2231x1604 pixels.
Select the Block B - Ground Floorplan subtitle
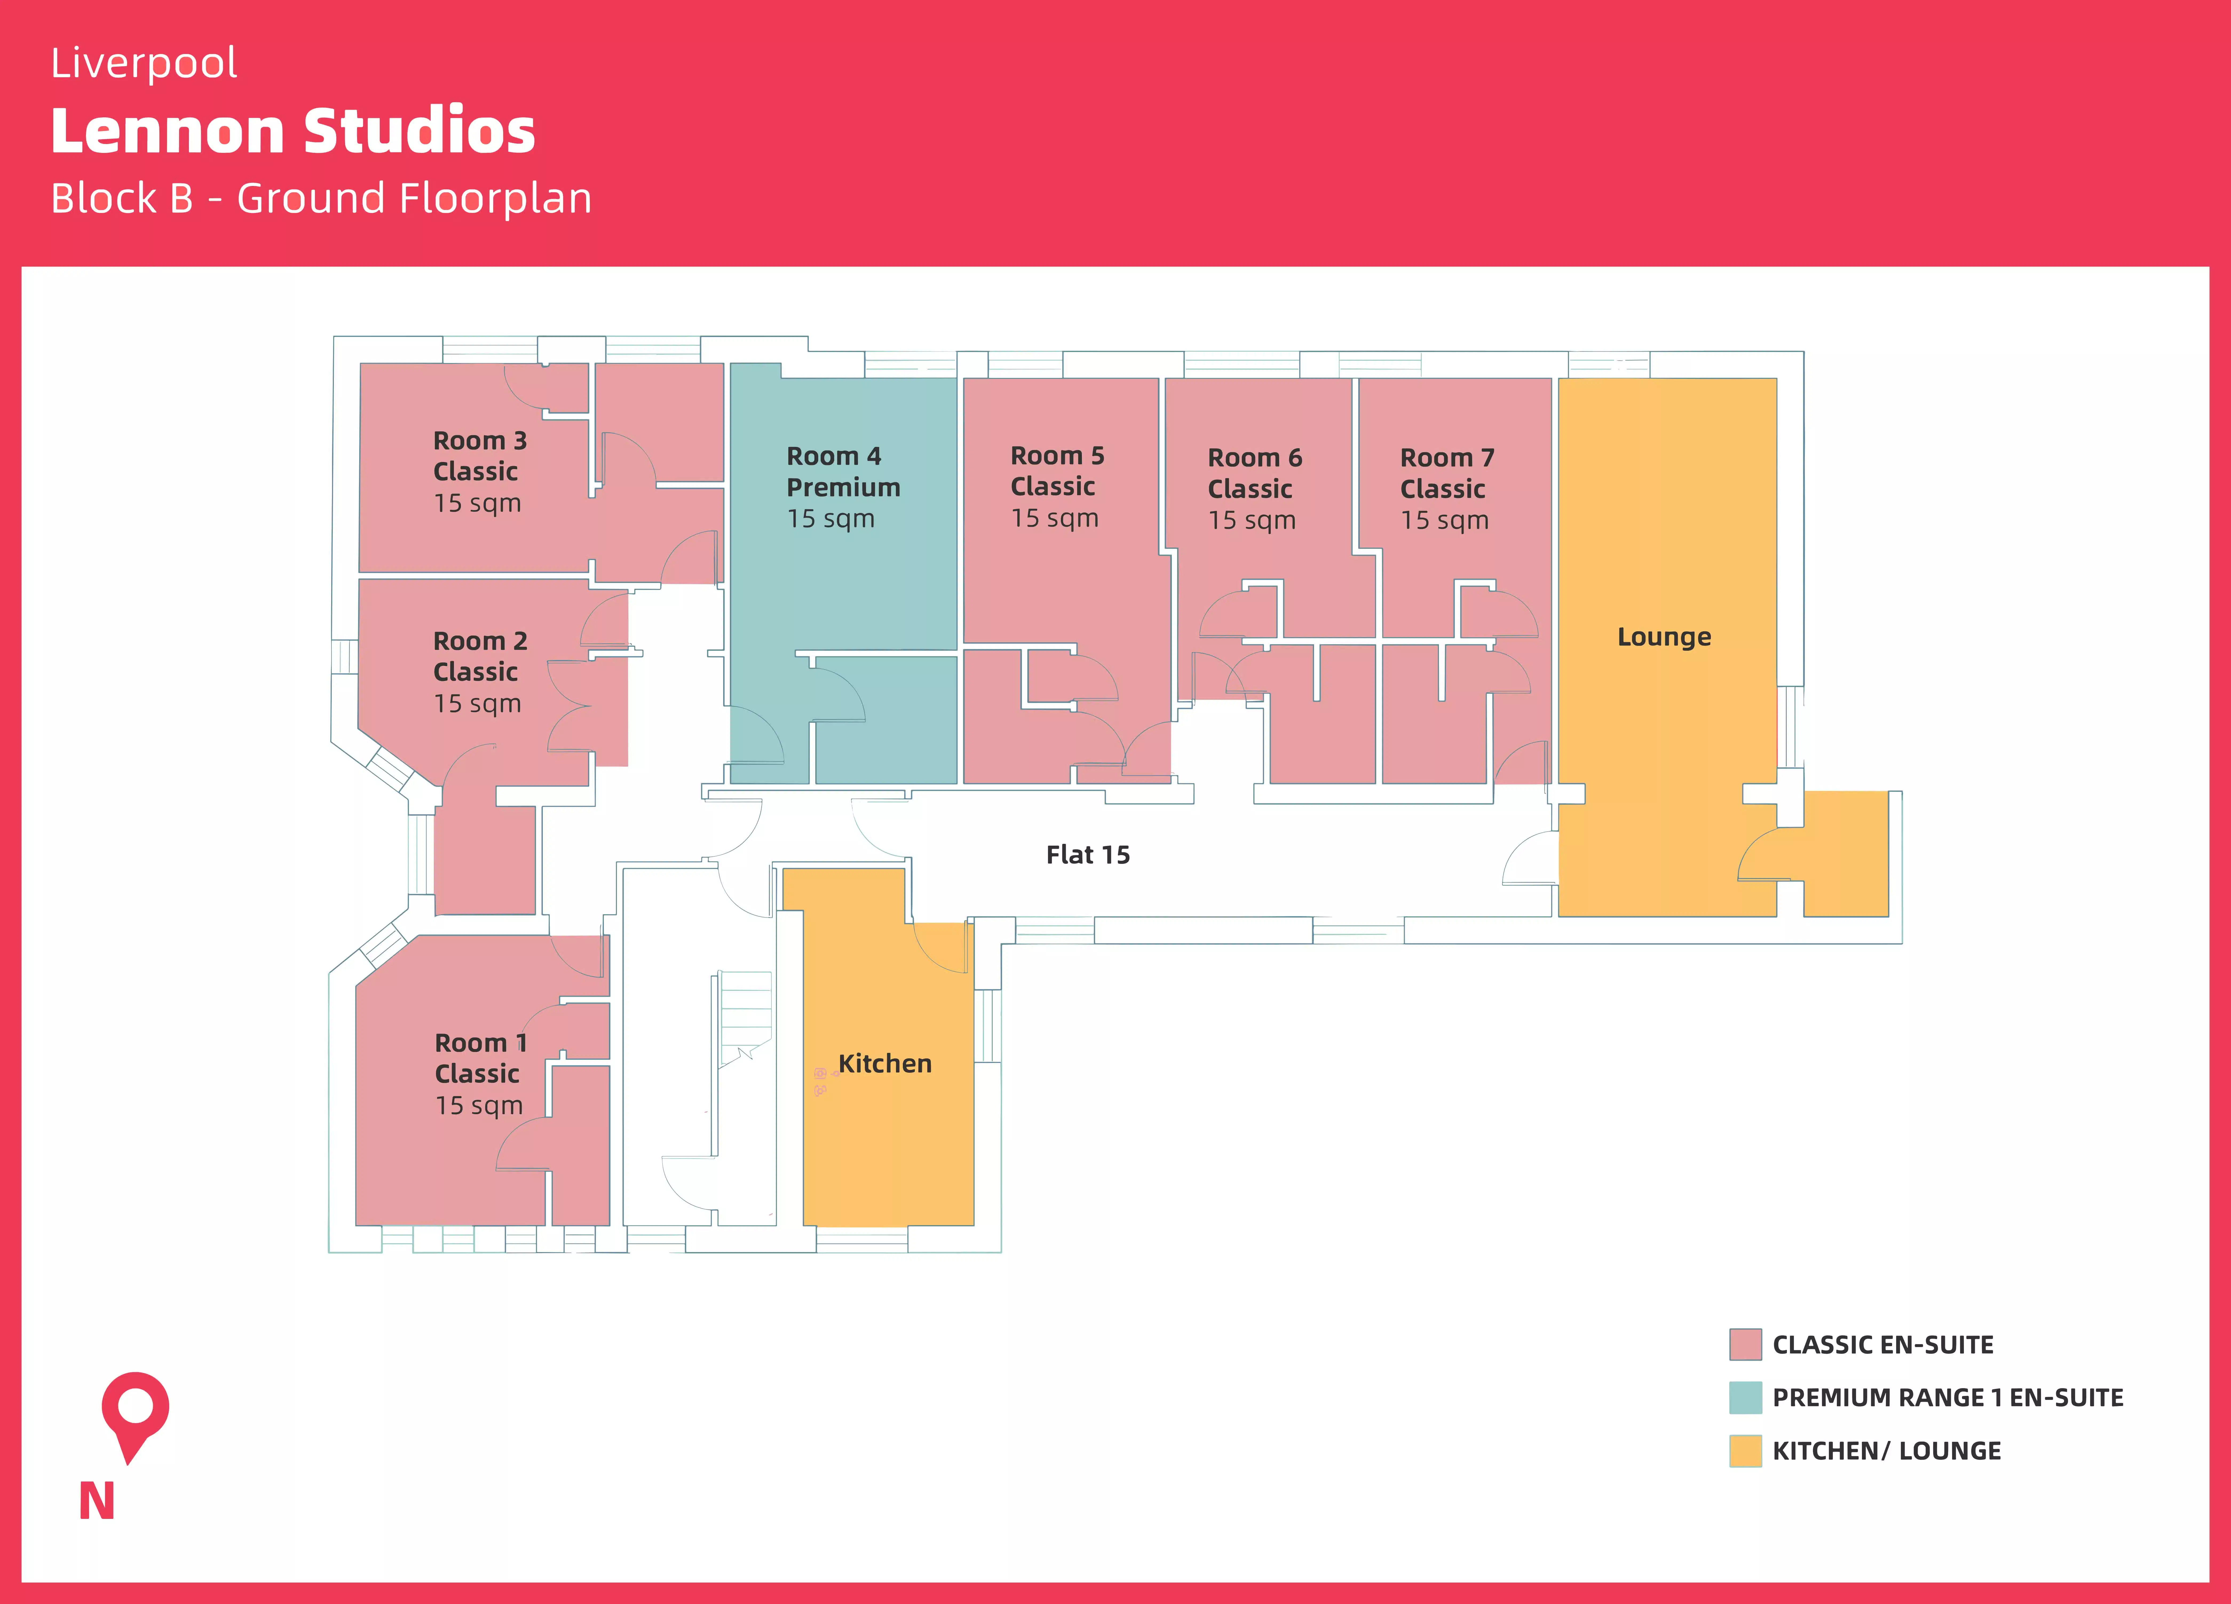321,199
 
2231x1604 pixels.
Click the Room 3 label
480,440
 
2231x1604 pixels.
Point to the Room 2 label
480,641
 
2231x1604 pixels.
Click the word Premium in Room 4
843,488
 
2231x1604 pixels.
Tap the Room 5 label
1058,456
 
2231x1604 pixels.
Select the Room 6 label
1254,458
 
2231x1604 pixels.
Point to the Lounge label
1664,637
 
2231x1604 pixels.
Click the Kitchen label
884,1064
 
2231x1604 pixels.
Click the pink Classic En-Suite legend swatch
1745,1344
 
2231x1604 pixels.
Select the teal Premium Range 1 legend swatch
1745,1397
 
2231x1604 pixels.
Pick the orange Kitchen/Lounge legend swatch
1745,1451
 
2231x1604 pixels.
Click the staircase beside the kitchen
745,1018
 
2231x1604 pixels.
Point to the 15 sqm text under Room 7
1444,520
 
